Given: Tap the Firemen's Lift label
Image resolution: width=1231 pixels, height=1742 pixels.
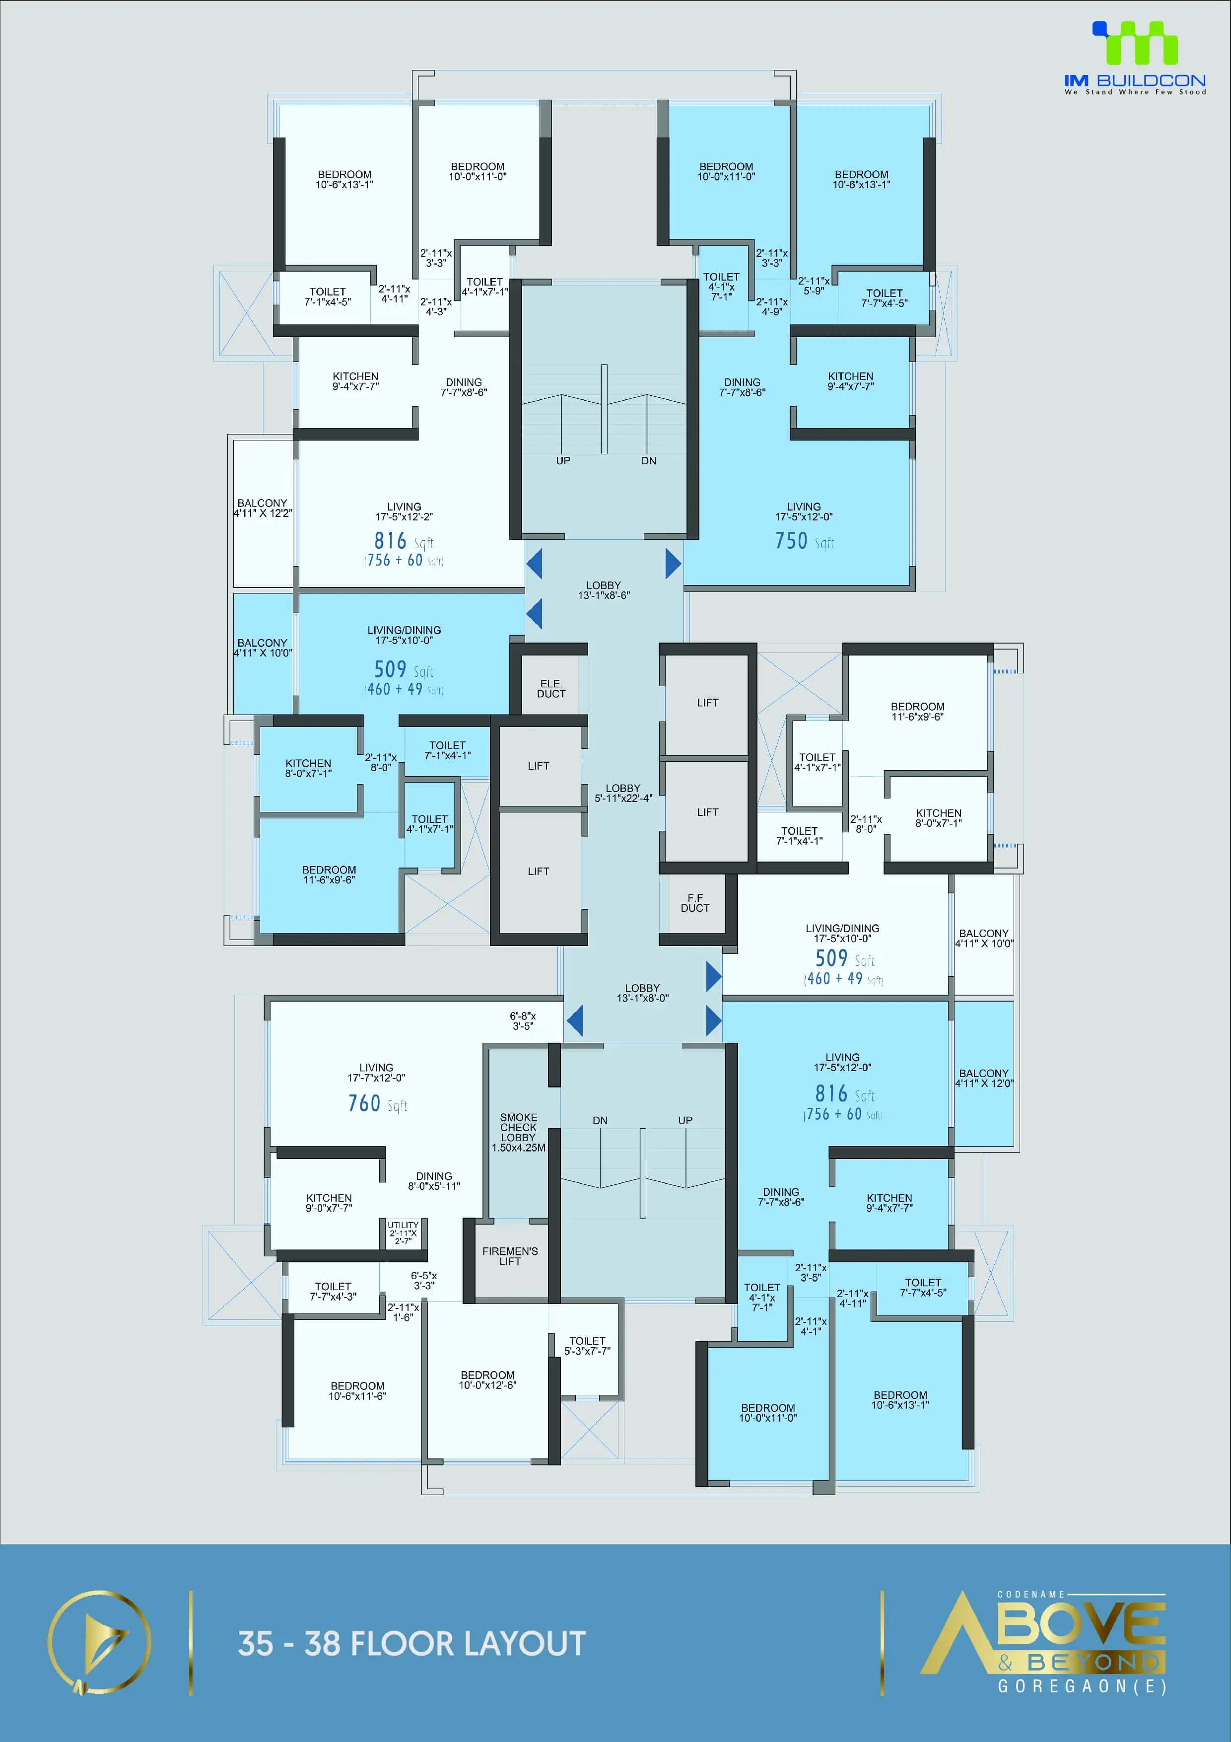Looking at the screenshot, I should (510, 1256).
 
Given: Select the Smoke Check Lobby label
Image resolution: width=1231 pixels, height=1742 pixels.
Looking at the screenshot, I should (518, 1132).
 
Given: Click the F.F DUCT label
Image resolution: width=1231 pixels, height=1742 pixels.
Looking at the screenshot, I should (695, 903).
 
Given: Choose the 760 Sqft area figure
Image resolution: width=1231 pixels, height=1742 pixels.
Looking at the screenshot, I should (377, 1104).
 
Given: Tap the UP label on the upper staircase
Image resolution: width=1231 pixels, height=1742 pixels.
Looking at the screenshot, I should (563, 460).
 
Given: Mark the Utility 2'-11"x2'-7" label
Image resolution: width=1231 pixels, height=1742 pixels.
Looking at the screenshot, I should (403, 1232).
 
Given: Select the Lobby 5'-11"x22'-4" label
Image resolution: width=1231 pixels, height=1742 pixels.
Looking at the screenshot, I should (623, 793).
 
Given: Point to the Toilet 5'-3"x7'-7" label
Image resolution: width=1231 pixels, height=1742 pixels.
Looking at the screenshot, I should (587, 1346).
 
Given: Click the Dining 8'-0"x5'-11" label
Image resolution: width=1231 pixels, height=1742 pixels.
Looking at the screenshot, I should (434, 1180).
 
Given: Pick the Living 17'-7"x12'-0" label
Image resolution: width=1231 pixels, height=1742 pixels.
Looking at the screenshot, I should (376, 1072).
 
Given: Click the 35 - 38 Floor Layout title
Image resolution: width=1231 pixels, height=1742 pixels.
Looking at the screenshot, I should (412, 1643).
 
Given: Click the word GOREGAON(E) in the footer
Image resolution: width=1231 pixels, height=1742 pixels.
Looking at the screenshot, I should (1082, 1686).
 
